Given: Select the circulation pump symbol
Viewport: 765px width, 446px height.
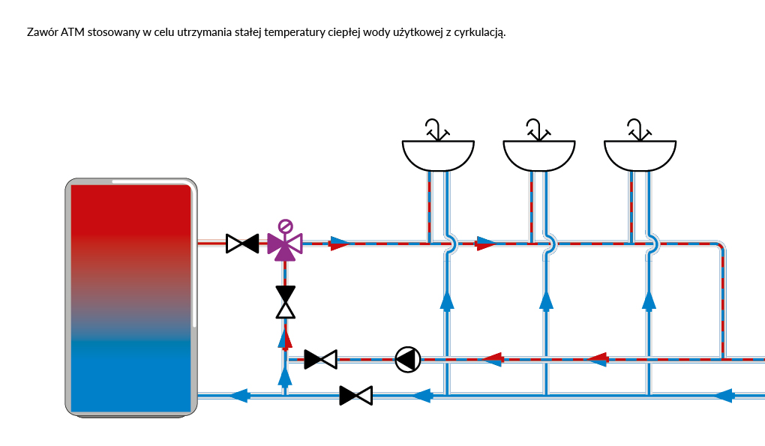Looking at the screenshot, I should [407, 360].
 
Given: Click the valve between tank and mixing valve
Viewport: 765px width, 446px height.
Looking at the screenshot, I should [242, 243].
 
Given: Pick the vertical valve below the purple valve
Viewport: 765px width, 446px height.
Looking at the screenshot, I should [285, 302].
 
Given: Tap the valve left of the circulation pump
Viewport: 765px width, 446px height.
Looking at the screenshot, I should [320, 360].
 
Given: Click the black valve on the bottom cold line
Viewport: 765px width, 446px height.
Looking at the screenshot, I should [355, 395].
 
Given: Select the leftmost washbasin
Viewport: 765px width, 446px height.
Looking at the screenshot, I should [438, 154].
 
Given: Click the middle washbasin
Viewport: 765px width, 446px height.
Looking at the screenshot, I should [538, 154].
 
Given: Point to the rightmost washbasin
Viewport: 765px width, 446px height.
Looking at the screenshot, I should [640, 154].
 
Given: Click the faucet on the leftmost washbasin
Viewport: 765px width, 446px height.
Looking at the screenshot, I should [436, 129].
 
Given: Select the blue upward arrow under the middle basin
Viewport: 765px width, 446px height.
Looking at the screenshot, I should [546, 300].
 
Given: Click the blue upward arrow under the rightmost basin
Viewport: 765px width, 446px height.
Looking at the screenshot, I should [649, 300].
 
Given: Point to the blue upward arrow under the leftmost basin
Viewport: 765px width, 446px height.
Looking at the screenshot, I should [447, 300].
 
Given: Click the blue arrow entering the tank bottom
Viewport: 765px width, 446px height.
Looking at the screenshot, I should [238, 395].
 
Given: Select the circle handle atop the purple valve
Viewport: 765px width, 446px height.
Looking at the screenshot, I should [285, 226].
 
